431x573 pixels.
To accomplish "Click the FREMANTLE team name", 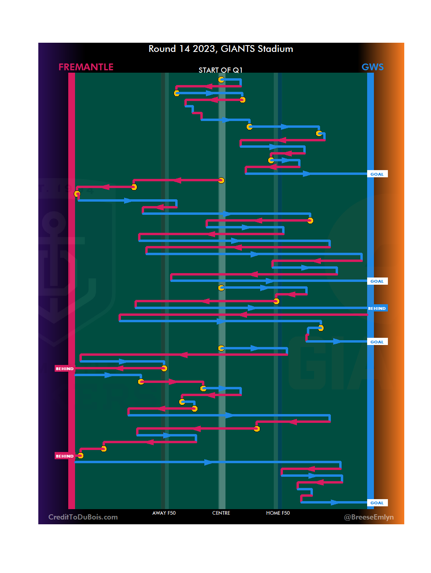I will coord(86,67).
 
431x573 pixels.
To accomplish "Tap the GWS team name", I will coord(372,67).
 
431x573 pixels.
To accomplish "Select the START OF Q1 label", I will coord(220,70).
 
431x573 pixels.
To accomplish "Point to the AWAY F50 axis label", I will coord(164,513).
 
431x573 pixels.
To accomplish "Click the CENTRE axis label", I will coord(221,513).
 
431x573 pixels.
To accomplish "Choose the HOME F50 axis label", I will coord(278,513).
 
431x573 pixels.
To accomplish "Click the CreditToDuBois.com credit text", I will coord(83,517).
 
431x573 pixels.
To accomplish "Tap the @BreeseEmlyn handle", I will coord(369,517).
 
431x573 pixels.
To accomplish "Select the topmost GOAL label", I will coord(377,174).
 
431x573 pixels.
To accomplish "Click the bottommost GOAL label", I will coord(377,503).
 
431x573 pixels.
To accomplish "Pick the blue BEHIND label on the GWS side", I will coord(377,308).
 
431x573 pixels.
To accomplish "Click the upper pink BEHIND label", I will coord(65,369).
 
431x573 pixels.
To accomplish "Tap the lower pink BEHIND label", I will coord(65,456).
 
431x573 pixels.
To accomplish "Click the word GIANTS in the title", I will coord(237,49).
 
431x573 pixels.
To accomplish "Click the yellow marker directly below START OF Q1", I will coord(221,79).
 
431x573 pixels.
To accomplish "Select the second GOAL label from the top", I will coord(377,281).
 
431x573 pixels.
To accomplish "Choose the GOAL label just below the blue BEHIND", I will coord(377,342).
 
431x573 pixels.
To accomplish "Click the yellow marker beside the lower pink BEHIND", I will coord(81,456).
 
